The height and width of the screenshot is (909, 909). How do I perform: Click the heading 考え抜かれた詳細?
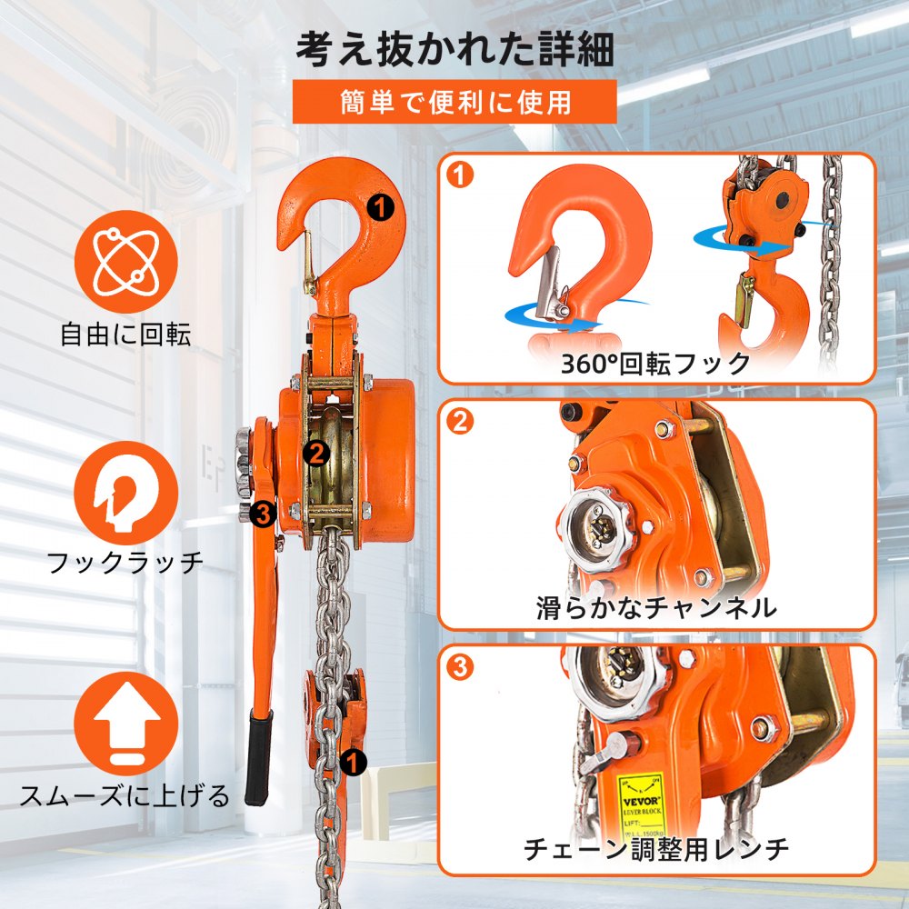click(x=454, y=49)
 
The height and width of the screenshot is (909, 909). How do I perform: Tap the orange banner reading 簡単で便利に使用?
click(x=454, y=102)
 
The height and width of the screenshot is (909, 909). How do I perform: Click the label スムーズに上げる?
click(x=125, y=796)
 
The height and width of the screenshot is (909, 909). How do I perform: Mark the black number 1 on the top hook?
click(x=381, y=206)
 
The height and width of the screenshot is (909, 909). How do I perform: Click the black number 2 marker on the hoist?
click(x=316, y=452)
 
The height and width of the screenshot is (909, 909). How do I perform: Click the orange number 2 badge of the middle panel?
click(x=462, y=421)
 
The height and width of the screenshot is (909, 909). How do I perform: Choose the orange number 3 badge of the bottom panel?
click(x=462, y=667)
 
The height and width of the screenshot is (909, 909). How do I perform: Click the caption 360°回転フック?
click(x=655, y=364)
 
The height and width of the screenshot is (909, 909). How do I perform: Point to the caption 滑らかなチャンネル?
click(x=655, y=607)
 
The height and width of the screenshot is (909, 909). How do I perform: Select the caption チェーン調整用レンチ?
click(x=655, y=850)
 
